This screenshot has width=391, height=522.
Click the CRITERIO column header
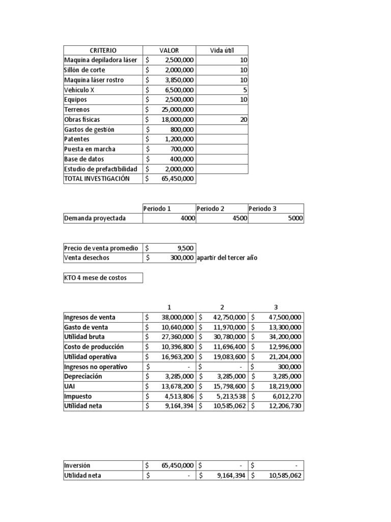(x=103, y=50)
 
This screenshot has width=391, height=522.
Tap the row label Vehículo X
(x=79, y=90)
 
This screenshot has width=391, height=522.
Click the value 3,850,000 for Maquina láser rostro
(x=178, y=80)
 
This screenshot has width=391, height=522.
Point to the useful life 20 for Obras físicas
(x=243, y=119)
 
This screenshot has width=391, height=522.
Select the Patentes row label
(x=78, y=139)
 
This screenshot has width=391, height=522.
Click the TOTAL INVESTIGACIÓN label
(x=97, y=179)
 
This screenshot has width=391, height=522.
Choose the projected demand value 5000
(x=294, y=218)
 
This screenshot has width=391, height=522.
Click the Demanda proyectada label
(x=95, y=218)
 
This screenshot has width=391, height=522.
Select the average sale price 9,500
(x=185, y=248)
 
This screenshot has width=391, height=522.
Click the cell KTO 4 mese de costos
(x=95, y=278)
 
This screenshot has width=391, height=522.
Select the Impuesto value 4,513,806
(x=178, y=397)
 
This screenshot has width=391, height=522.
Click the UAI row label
(x=70, y=386)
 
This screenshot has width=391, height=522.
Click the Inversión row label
(x=78, y=465)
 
